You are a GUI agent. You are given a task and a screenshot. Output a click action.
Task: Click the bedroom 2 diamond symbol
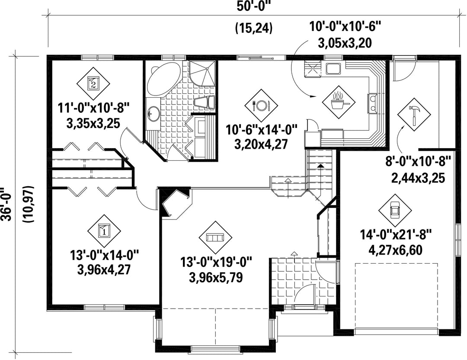(x=93, y=84)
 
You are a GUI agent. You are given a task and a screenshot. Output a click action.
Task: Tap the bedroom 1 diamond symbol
(x=104, y=231)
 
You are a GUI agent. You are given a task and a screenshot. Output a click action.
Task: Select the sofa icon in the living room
(x=215, y=237)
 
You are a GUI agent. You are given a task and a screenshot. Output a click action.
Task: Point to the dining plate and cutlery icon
(x=261, y=105)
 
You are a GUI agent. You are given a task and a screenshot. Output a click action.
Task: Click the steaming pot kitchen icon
(x=339, y=102)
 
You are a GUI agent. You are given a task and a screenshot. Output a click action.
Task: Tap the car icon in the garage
(x=395, y=210)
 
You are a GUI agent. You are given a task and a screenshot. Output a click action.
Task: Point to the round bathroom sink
(x=153, y=114)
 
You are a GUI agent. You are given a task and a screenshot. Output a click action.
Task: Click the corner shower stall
(x=202, y=73)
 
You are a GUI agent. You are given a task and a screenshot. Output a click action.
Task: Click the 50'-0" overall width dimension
(x=254, y=6)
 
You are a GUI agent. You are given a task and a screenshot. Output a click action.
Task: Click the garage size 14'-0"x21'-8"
(x=396, y=235)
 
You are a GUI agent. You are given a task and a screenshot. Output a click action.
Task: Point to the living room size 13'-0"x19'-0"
(x=216, y=263)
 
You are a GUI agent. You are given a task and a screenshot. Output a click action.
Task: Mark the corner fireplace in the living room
(x=176, y=204)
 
